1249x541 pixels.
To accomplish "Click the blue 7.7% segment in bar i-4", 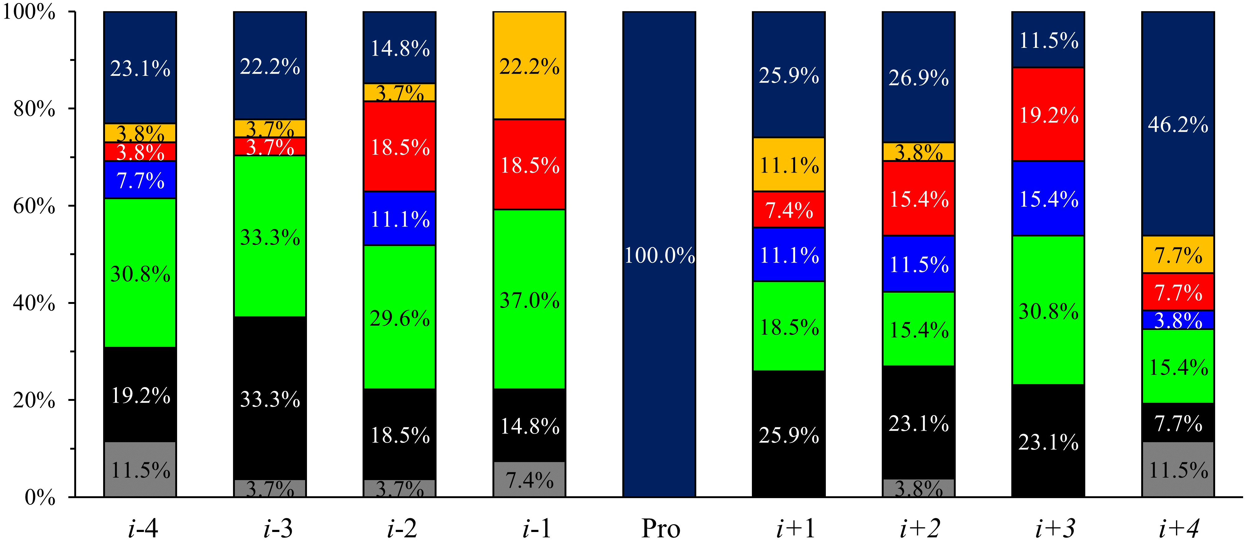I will (x=140, y=180).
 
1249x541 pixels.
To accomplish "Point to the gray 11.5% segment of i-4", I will (x=140, y=469).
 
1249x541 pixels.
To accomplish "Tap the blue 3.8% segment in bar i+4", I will (x=1178, y=320).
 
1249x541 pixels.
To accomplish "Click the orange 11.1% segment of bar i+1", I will (x=789, y=165).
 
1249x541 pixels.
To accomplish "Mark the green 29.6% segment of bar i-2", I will (x=400, y=318).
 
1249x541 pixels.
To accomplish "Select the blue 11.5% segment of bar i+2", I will (x=918, y=264).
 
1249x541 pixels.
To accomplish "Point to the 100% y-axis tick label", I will (x=29, y=11).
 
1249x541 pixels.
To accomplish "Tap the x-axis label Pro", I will (x=660, y=528).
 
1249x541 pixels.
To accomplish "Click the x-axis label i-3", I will (x=278, y=528).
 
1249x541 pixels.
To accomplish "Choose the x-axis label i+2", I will (x=919, y=528).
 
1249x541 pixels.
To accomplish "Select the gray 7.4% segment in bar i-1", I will (x=529, y=480).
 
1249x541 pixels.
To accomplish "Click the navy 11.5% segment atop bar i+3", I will (x=1048, y=40).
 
